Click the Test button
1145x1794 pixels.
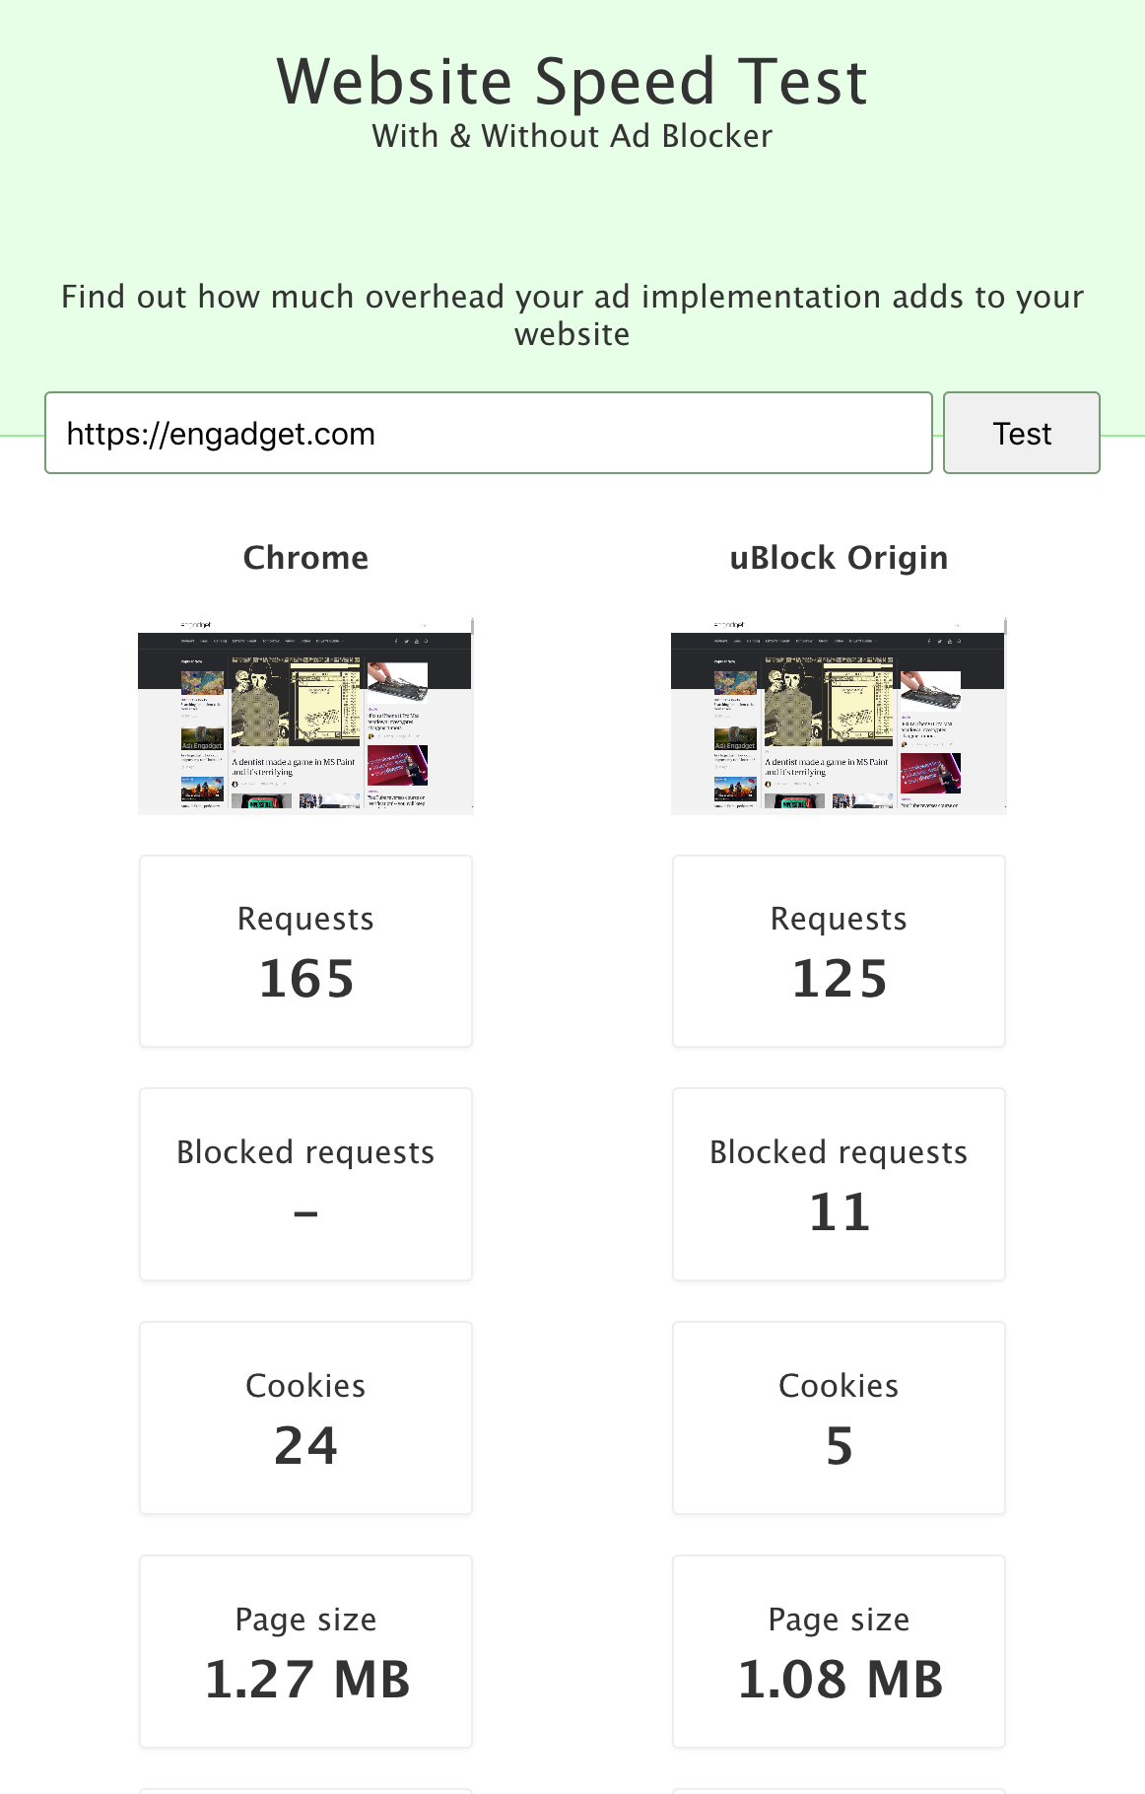(x=1021, y=434)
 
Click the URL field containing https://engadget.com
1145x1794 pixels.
(x=488, y=434)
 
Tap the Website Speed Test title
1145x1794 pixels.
(x=572, y=82)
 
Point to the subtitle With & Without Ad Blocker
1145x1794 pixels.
(x=572, y=136)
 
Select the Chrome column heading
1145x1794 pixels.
(x=305, y=558)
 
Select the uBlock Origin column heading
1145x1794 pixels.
(x=839, y=558)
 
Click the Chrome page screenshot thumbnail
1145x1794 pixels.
(x=305, y=717)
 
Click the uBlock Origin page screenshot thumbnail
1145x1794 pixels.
(x=839, y=717)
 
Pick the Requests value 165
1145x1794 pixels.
(x=305, y=979)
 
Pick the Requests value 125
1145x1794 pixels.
(x=840, y=979)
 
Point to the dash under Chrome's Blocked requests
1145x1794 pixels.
(x=305, y=1213)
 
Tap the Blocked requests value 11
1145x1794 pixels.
(x=840, y=1212)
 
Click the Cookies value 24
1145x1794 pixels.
(x=305, y=1446)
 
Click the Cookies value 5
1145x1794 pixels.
(x=840, y=1446)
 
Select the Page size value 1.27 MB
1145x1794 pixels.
(x=306, y=1680)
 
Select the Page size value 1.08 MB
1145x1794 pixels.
(x=840, y=1680)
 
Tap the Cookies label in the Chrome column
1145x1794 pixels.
(x=305, y=1386)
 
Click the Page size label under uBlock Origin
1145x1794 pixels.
(x=839, y=1620)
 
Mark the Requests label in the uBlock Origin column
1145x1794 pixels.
(x=839, y=919)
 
